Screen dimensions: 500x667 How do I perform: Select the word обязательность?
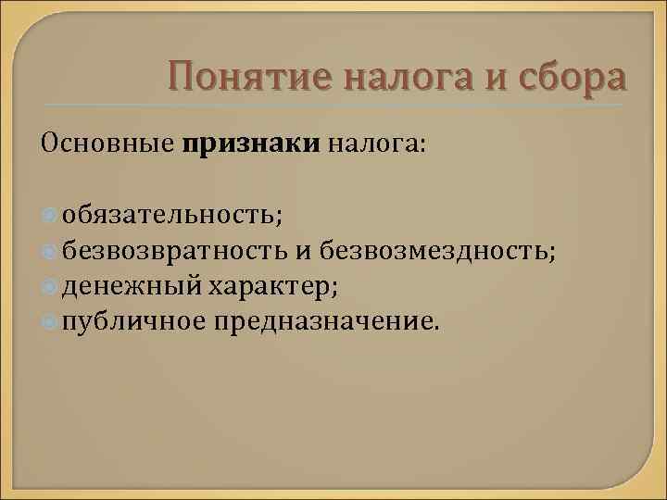[173, 216]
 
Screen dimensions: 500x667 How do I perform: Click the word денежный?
[132, 286]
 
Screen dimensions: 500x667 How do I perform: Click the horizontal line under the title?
[333, 104]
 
